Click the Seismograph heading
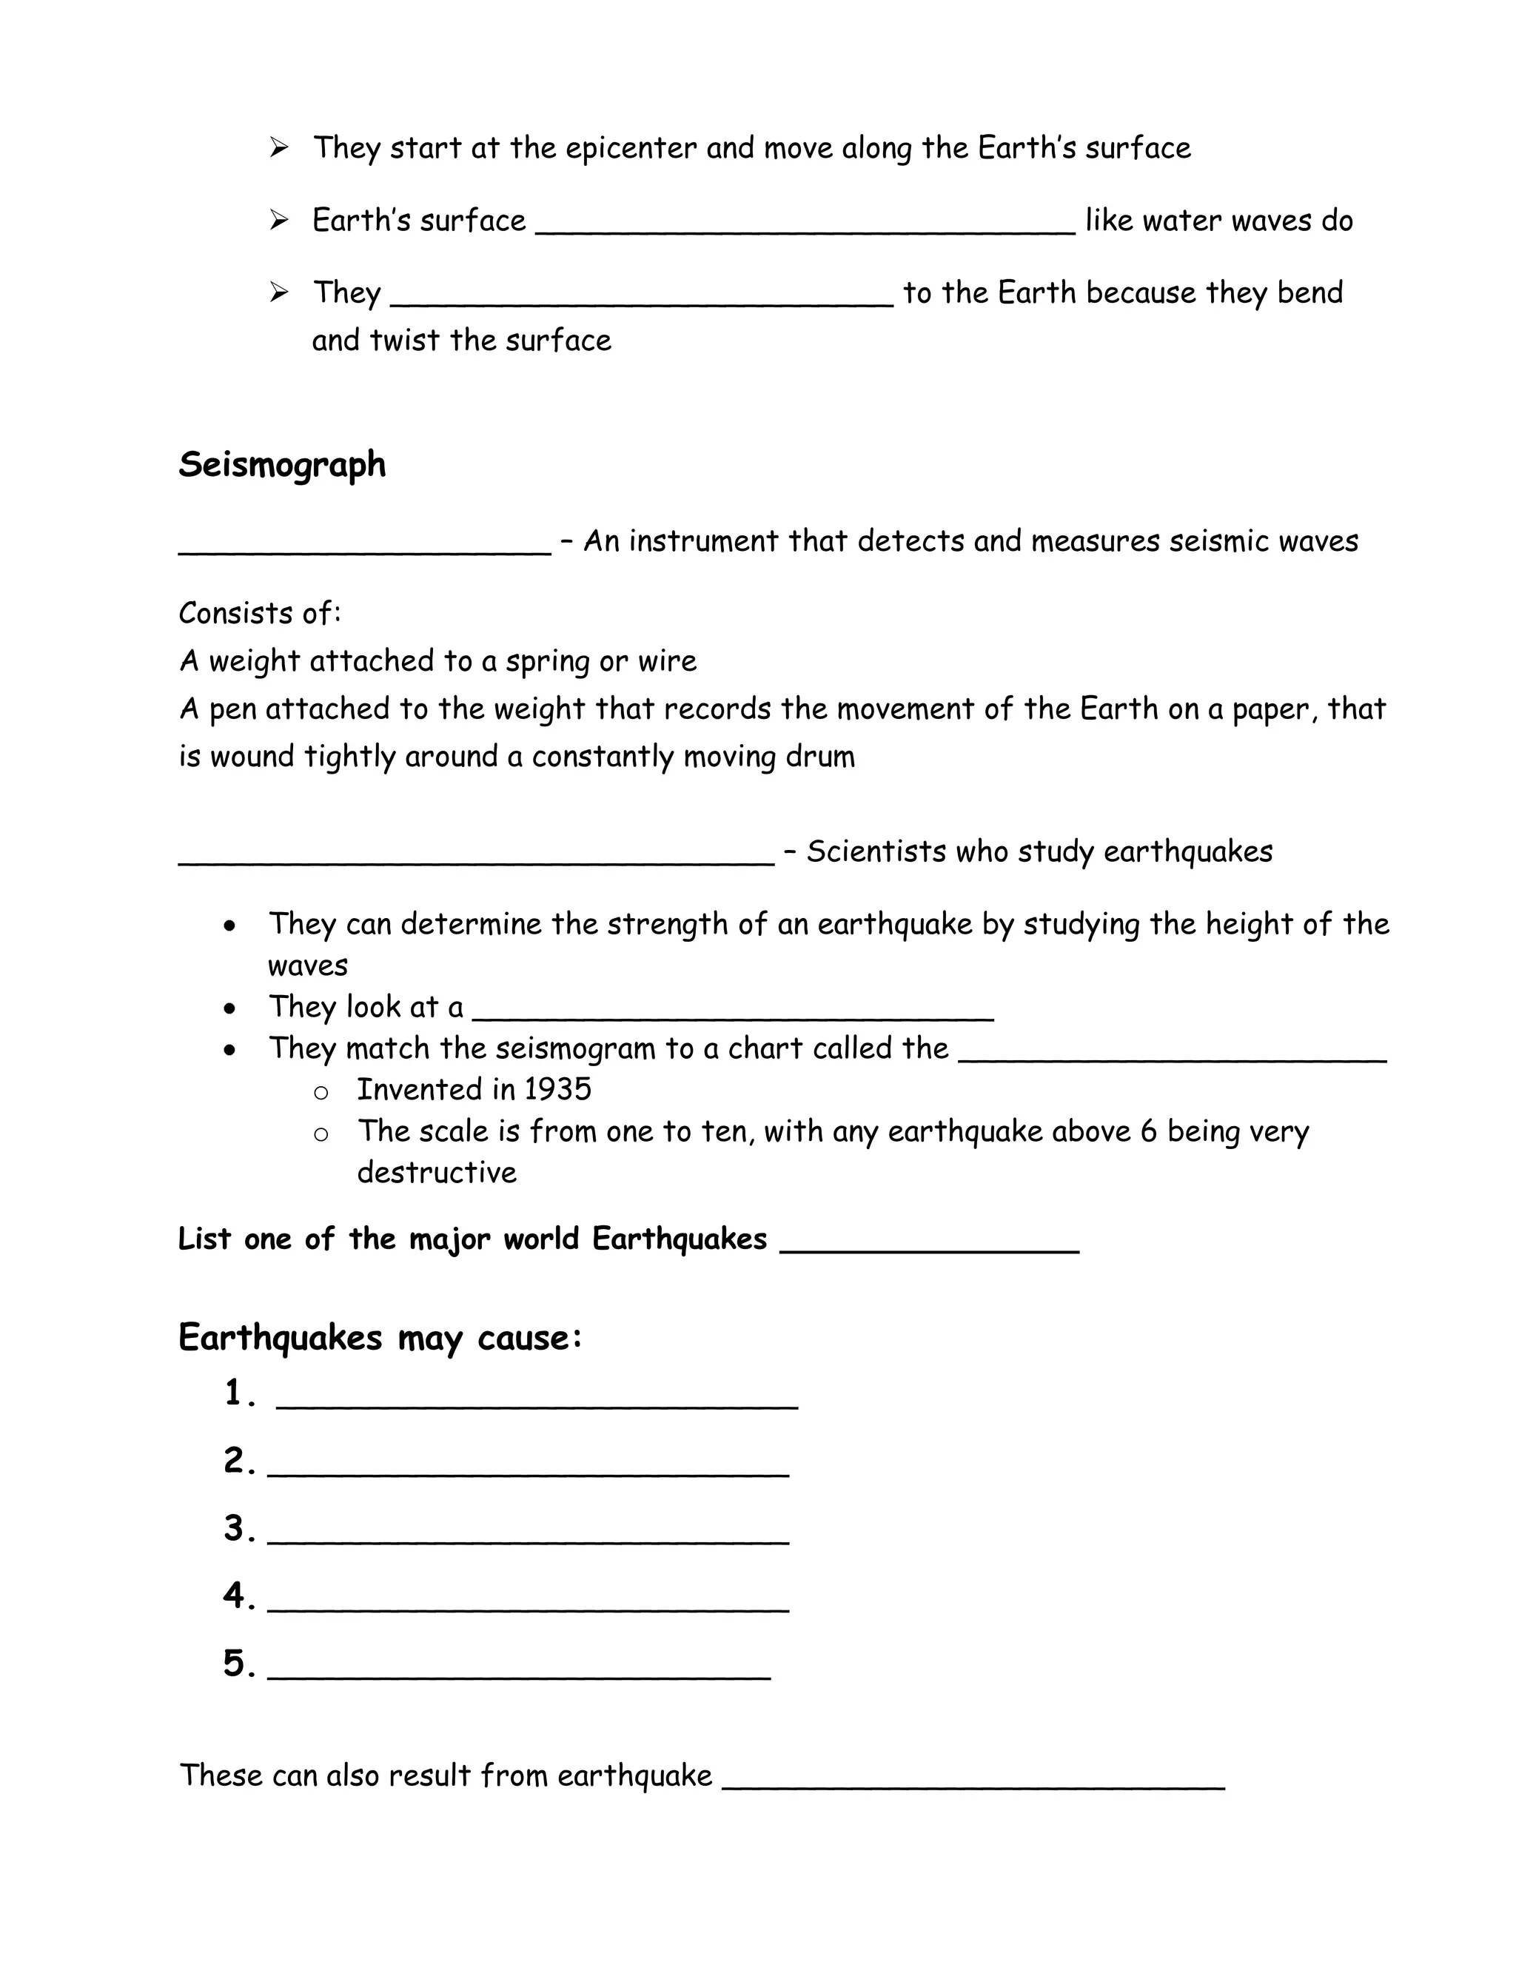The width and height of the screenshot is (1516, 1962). tap(282, 466)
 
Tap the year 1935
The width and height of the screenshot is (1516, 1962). tap(557, 1090)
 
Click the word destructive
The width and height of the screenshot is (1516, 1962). tap(437, 1172)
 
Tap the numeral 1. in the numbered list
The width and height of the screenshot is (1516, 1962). tap(239, 1393)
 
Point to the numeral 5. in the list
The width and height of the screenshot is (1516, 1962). tap(239, 1664)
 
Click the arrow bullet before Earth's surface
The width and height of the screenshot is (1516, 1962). tap(278, 220)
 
